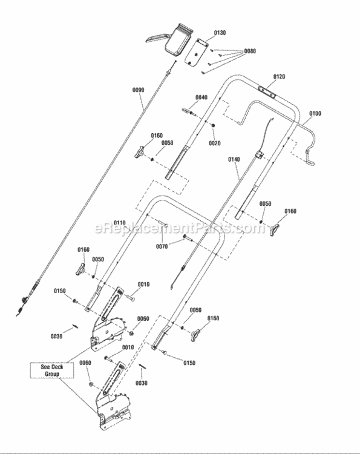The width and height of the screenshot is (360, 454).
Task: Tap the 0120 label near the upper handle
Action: [278, 77]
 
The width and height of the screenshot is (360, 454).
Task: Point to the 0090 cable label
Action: [138, 90]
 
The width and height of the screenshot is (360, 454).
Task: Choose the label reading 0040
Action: [201, 97]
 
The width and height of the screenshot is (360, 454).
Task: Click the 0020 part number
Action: [214, 143]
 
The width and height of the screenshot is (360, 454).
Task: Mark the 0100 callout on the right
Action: [315, 113]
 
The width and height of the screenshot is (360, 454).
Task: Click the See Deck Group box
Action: [52, 370]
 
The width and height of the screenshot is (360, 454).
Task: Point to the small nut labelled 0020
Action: [214, 125]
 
